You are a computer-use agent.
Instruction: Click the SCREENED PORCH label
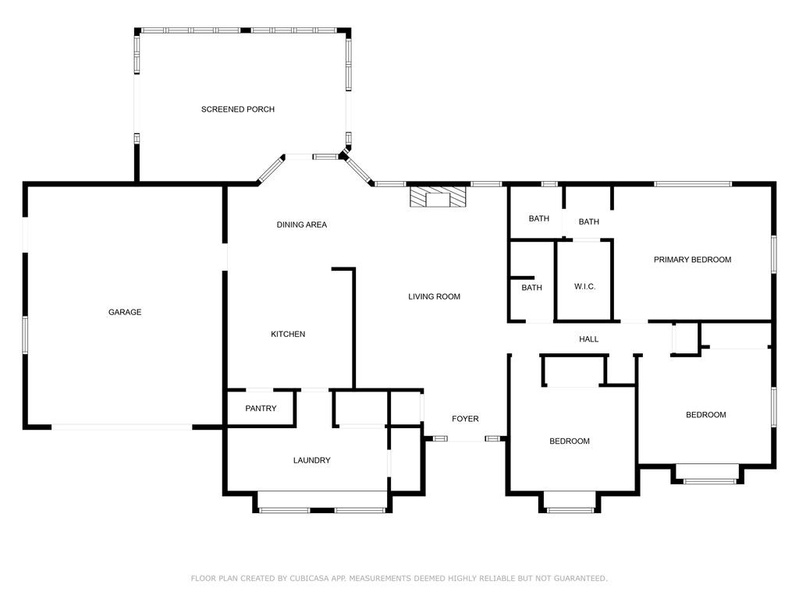tap(238, 109)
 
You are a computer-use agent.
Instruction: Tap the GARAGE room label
tap(125, 312)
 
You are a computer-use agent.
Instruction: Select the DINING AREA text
tap(301, 225)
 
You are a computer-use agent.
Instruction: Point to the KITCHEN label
tap(288, 334)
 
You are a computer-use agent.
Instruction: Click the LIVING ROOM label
tap(434, 296)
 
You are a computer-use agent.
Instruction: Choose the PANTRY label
tap(261, 408)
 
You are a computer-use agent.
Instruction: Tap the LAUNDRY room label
tap(311, 460)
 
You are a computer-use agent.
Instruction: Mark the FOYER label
tap(465, 419)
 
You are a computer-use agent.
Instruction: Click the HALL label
tap(588, 339)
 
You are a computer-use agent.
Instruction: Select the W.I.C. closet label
tap(584, 287)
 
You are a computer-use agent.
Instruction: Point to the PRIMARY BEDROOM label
tap(692, 260)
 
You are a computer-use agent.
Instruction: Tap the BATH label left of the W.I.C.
tap(531, 288)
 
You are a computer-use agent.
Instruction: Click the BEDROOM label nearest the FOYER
tap(570, 441)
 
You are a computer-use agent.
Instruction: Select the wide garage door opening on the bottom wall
tap(122, 427)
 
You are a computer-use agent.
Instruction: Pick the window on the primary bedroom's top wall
tap(692, 184)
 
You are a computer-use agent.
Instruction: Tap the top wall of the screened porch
tap(242, 30)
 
